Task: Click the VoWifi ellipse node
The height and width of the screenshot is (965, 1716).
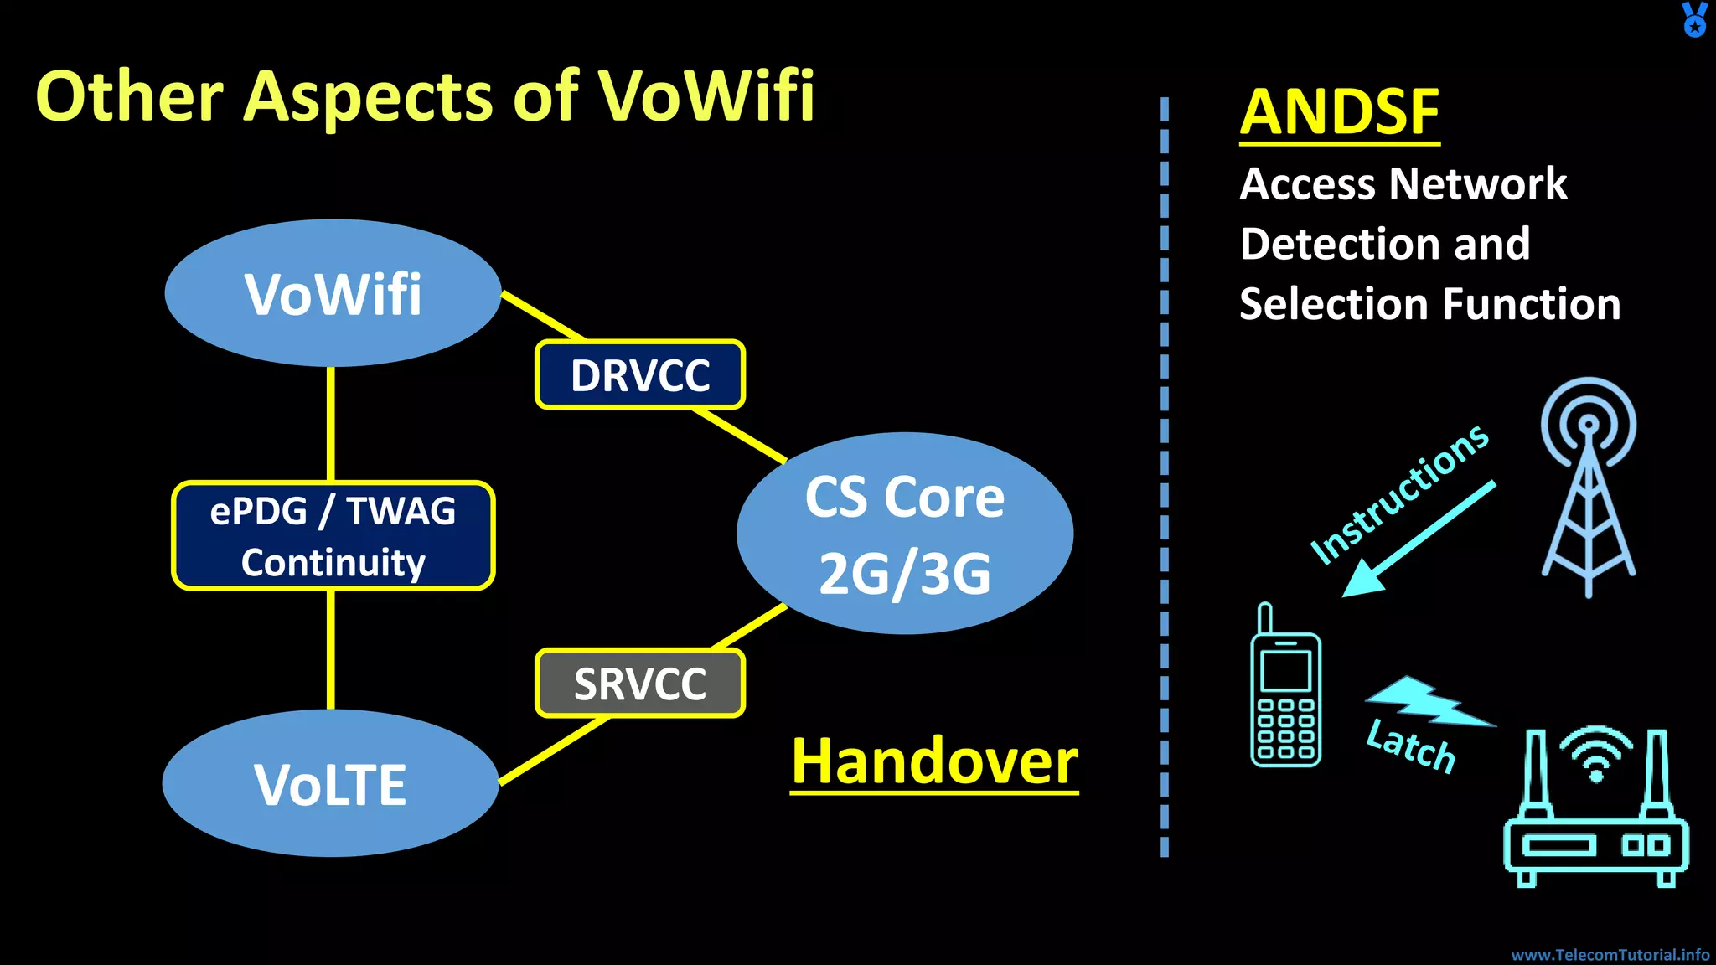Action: click(x=333, y=293)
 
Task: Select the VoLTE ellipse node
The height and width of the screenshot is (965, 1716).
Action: click(x=330, y=784)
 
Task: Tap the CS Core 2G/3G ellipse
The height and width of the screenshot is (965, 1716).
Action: click(x=904, y=534)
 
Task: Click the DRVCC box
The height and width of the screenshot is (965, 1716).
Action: click(x=640, y=374)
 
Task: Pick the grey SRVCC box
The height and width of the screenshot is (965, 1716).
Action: click(x=640, y=684)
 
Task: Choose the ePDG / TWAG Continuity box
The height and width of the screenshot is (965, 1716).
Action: click(x=333, y=536)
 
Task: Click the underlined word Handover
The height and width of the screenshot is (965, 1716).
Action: click(x=934, y=761)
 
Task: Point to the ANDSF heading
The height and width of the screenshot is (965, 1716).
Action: click(x=1339, y=112)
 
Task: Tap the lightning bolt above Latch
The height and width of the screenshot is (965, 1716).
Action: click(x=1429, y=701)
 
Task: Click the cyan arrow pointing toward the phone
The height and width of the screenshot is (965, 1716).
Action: click(x=1416, y=540)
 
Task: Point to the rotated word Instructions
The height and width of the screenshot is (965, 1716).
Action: click(x=1399, y=494)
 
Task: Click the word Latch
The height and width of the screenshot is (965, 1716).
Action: click(x=1411, y=746)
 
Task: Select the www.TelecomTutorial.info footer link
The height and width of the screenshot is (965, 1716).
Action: click(x=1610, y=954)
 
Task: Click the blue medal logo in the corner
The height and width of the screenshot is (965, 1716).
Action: click(x=1694, y=19)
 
